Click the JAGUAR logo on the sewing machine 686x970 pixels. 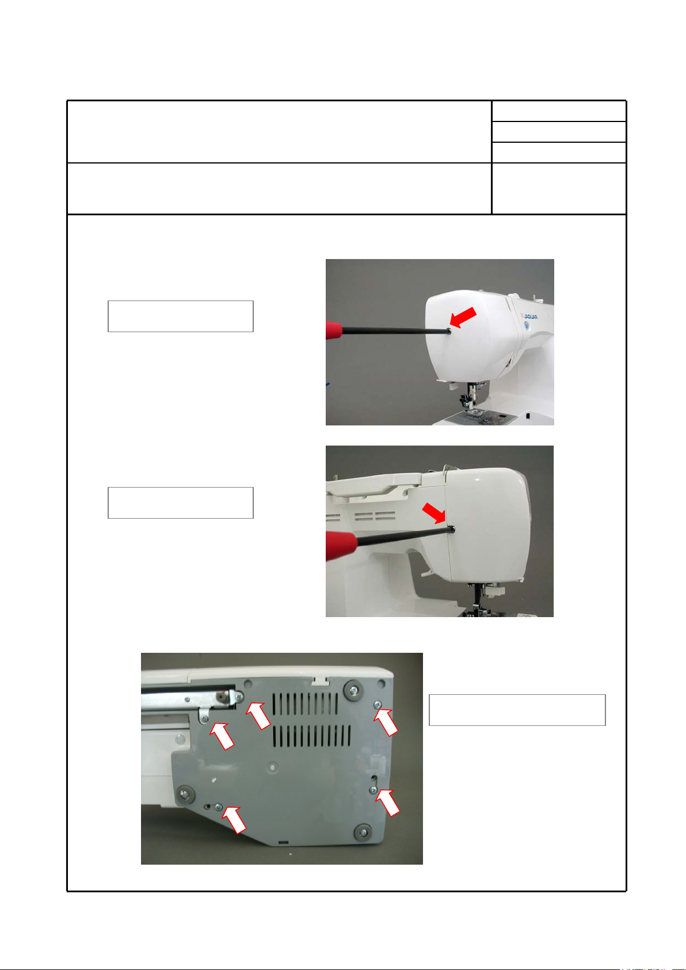pos(529,316)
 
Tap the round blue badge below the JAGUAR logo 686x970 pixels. pos(527,325)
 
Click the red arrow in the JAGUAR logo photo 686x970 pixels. pos(463,318)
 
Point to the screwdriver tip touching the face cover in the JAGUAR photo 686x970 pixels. pos(449,332)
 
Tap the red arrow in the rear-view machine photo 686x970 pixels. pos(434,513)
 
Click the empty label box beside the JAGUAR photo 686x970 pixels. pos(181,316)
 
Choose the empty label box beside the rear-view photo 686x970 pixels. pos(181,503)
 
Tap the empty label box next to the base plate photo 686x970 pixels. pos(517,710)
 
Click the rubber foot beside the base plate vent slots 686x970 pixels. pos(353,690)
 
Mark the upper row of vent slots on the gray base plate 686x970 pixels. pos(306,703)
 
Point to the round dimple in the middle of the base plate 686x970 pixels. pos(272,768)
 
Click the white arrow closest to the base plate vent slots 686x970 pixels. pos(258,716)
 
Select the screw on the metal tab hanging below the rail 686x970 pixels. pos(205,719)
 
